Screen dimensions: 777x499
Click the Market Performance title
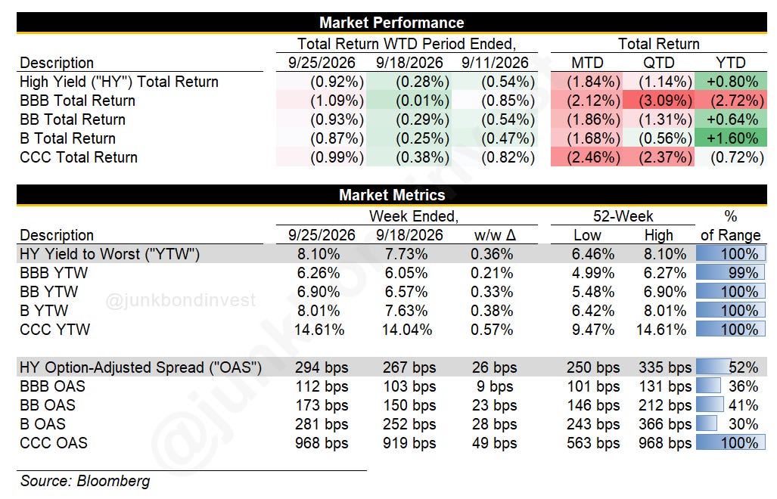tap(391, 22)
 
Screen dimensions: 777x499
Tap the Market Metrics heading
tap(391, 194)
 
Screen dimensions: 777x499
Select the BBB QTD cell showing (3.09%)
tap(658, 101)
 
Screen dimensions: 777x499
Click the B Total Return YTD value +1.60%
tap(730, 138)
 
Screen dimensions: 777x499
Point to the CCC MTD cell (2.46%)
tap(586, 157)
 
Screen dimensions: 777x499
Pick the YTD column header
tap(730, 63)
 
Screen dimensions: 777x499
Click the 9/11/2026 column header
tap(495, 63)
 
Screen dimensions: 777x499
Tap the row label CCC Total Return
tap(79, 157)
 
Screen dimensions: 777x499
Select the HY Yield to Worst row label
tap(110, 254)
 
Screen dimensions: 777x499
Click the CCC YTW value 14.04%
tap(407, 330)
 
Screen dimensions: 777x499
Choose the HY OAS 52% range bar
tap(713, 367)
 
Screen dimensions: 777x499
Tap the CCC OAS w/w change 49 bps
tap(495, 443)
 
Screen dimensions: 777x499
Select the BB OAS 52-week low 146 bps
tap(593, 405)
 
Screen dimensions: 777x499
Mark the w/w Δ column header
tap(495, 235)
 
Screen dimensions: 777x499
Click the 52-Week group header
tap(623, 216)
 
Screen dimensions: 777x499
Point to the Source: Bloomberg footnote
tap(85, 481)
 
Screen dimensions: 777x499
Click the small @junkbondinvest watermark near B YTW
tap(181, 300)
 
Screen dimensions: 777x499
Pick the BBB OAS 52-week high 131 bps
tap(665, 386)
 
